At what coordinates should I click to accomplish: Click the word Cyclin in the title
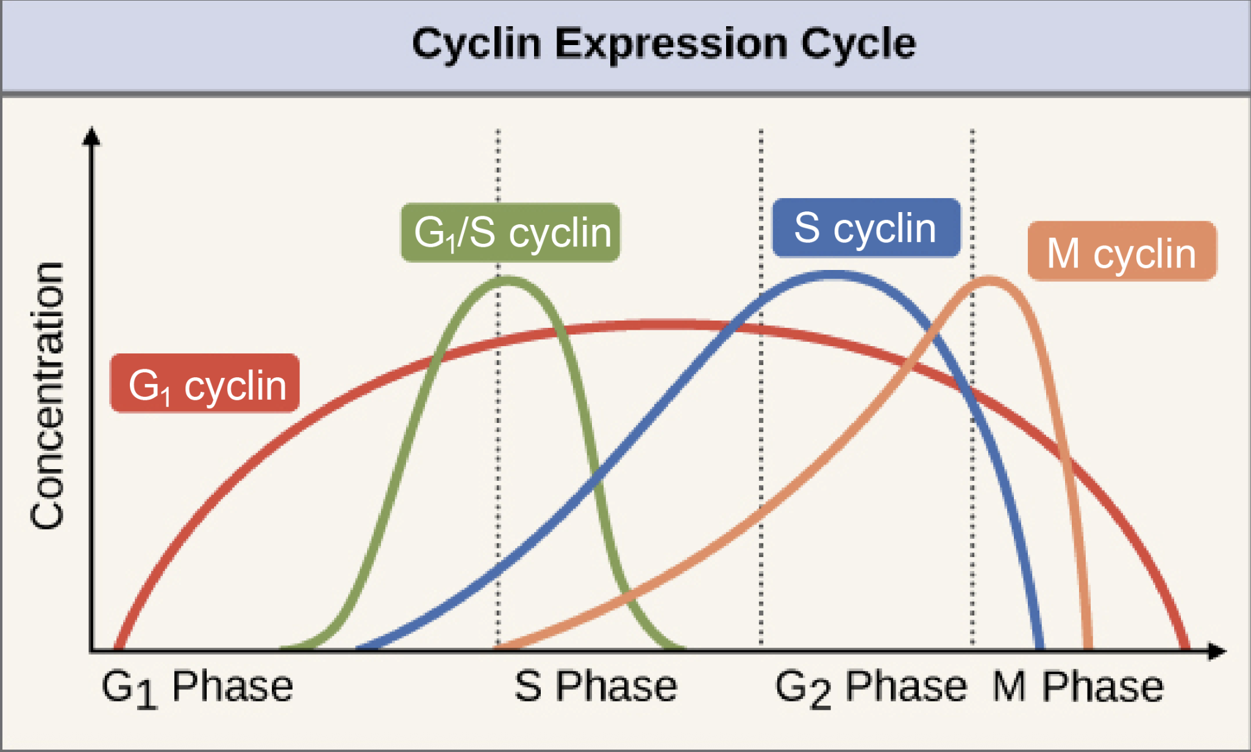coord(476,44)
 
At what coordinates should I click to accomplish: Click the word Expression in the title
coord(671,44)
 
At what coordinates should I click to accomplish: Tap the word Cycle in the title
coord(858,44)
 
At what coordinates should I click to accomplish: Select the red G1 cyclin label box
coord(205,383)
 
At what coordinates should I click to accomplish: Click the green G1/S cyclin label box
coord(511,233)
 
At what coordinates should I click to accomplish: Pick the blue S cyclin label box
coord(866,228)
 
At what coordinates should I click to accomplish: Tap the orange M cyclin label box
coord(1122,252)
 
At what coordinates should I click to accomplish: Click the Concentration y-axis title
coord(48,396)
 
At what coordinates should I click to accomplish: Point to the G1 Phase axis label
coord(197,687)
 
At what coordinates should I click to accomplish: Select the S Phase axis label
coord(596,687)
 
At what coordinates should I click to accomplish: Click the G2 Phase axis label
coord(871,687)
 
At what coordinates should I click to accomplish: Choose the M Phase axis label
coord(1078,687)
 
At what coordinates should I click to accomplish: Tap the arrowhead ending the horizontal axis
coord(1216,651)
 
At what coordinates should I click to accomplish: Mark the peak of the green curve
coord(507,280)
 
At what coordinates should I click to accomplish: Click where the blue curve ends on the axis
coord(1040,647)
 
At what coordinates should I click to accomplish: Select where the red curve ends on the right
coord(1186,647)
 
